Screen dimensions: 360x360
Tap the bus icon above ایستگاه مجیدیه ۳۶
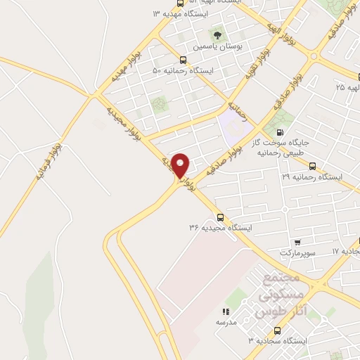(220, 217)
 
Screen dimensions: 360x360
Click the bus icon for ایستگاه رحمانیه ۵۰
(183, 60)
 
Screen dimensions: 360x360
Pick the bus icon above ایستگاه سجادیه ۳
(277, 330)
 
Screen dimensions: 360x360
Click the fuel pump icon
(281, 132)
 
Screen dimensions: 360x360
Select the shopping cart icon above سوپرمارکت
(298, 241)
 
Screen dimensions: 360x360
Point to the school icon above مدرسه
(226, 311)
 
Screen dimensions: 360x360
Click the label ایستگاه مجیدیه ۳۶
(220, 228)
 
